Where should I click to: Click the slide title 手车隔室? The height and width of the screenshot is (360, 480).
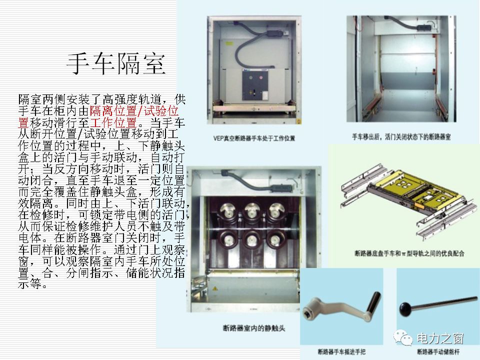(116, 64)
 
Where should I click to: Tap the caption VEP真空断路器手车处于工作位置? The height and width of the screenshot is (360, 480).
(254, 137)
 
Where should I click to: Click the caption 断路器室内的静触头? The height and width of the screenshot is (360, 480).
(254, 328)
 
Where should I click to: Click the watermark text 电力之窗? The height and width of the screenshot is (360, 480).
(440, 338)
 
